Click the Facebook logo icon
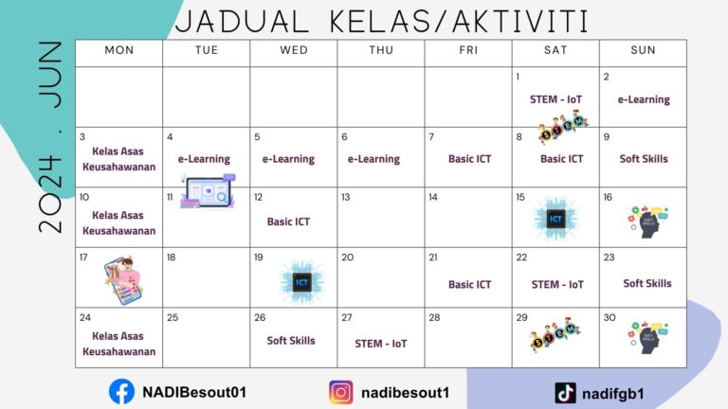[121, 390]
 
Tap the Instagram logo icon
[341, 392]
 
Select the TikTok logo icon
[566, 392]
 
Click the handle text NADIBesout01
[194, 391]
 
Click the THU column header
[381, 50]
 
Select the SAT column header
[555, 50]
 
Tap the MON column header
[118, 50]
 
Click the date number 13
[346, 197]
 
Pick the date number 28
[433, 318]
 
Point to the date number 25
[172, 318]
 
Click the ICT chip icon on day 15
[555, 220]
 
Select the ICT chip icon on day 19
[301, 281]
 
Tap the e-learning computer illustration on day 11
[208, 193]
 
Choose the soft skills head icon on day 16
[647, 221]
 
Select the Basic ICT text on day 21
[469, 284]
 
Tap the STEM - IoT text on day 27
[381, 344]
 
